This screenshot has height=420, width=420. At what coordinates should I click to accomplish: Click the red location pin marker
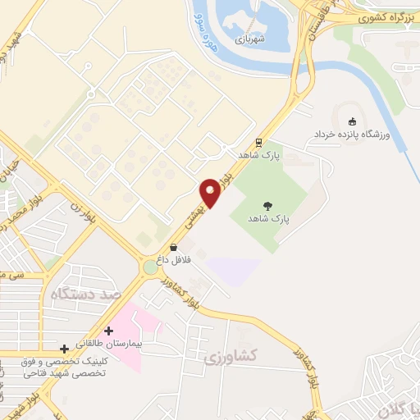click(212, 192)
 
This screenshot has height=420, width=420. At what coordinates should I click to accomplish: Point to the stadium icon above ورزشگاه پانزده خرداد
click(353, 121)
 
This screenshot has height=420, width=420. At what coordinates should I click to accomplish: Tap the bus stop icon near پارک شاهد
click(258, 141)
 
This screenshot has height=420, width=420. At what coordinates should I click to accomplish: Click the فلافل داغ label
click(173, 258)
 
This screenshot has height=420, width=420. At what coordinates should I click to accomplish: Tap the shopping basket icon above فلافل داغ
click(173, 246)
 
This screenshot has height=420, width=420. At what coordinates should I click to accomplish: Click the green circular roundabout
click(151, 267)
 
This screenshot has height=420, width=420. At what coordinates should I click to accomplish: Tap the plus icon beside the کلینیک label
click(64, 349)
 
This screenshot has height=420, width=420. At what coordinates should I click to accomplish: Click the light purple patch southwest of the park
click(233, 270)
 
